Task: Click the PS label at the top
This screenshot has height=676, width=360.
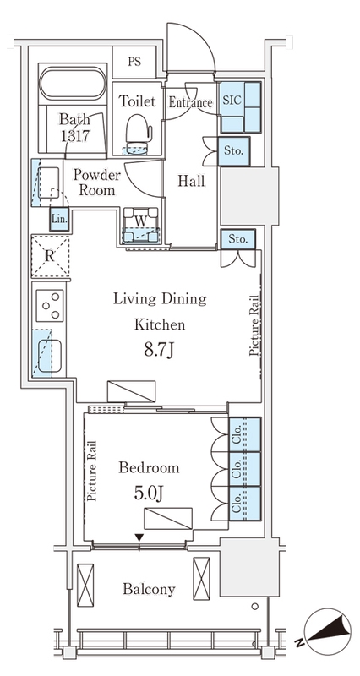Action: (x=134, y=62)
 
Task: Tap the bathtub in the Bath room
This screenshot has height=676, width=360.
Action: (x=73, y=84)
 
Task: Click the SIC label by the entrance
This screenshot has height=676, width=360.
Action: (x=233, y=100)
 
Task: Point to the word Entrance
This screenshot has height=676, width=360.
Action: (x=190, y=102)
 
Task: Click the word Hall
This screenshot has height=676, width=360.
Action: (x=192, y=181)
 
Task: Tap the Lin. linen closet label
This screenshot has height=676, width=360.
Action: (x=59, y=219)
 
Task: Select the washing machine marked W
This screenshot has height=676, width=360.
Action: (x=141, y=225)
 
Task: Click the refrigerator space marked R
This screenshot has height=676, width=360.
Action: (x=50, y=256)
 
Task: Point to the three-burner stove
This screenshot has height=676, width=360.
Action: (x=50, y=306)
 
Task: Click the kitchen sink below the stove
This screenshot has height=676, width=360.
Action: (x=49, y=356)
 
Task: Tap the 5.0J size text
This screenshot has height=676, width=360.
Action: (x=149, y=493)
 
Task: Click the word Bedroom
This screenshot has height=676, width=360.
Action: (x=149, y=467)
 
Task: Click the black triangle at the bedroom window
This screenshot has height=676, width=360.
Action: (x=139, y=537)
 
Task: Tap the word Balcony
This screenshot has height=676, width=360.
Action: (x=149, y=589)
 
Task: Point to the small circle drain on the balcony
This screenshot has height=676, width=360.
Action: (x=255, y=607)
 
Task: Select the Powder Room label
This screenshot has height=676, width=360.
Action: (x=96, y=183)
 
